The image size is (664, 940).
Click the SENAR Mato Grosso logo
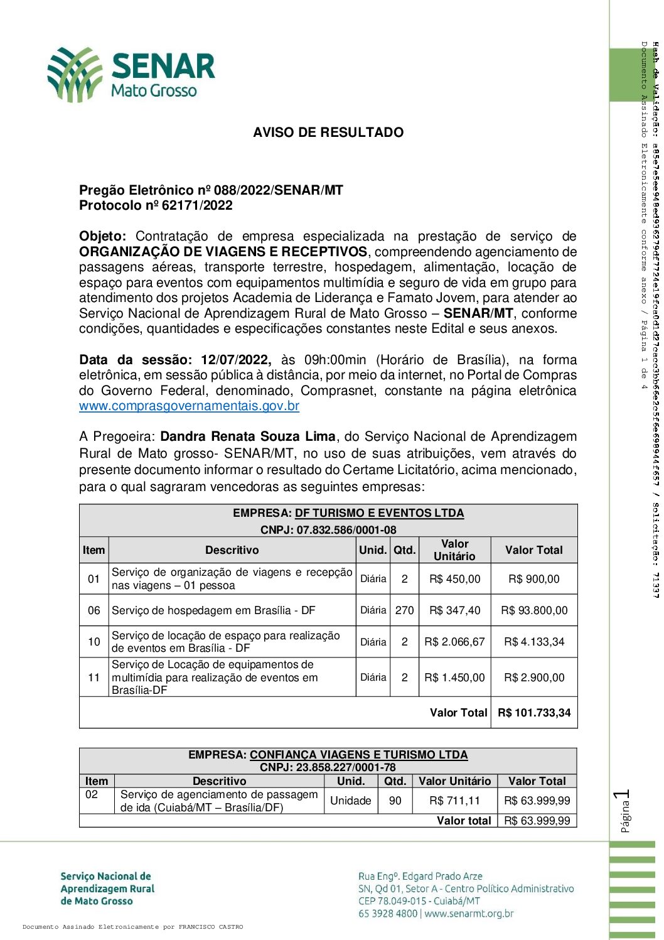click(131, 74)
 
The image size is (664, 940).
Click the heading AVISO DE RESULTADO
click(328, 132)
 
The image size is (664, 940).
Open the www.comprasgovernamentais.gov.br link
click(189, 406)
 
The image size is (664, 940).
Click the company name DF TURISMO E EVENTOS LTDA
click(379, 513)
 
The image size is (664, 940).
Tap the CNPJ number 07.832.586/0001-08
click(346, 530)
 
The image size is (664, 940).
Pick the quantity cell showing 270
click(404, 610)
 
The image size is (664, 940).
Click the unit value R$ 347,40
click(454, 610)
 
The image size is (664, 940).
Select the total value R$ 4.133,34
click(534, 642)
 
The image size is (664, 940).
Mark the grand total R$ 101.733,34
click(534, 713)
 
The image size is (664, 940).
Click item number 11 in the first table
click(94, 678)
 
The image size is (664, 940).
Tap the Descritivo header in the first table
click(232, 550)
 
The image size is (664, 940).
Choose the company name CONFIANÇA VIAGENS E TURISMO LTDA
click(358, 755)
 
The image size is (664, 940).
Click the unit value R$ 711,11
click(454, 801)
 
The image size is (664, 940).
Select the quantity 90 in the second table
click(395, 801)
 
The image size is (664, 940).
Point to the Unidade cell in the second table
click(351, 801)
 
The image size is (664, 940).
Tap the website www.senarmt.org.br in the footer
click(469, 914)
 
